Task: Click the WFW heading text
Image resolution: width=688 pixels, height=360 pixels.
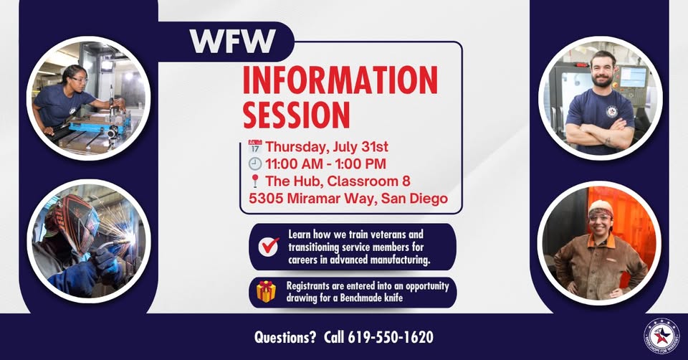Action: click(x=232, y=42)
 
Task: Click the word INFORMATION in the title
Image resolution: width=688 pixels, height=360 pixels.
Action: click(x=340, y=80)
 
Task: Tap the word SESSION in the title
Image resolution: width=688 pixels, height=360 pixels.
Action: click(x=296, y=115)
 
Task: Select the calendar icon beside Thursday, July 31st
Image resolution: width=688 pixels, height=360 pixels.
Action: click(x=255, y=146)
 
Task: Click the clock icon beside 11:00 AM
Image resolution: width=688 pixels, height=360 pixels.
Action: click(x=255, y=164)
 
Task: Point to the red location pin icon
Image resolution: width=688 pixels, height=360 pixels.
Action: click(x=255, y=181)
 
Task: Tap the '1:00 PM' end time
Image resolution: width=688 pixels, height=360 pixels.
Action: click(x=360, y=164)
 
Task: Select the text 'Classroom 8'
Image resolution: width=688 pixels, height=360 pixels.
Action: click(x=368, y=181)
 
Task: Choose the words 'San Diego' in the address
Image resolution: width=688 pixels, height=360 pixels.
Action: click(x=414, y=199)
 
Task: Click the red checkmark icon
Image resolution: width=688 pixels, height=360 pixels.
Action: click(x=269, y=246)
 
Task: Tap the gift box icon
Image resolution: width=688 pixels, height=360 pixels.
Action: click(x=267, y=291)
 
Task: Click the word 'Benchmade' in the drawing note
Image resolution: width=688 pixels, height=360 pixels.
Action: click(x=360, y=298)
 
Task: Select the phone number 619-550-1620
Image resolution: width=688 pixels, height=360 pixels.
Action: click(x=391, y=337)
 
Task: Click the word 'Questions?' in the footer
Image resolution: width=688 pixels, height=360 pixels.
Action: click(x=285, y=337)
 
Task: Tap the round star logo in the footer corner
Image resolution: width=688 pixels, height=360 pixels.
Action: click(x=661, y=336)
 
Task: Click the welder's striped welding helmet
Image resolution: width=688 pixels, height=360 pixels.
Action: click(x=74, y=222)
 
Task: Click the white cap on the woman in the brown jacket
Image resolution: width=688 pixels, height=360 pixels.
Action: click(x=601, y=207)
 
